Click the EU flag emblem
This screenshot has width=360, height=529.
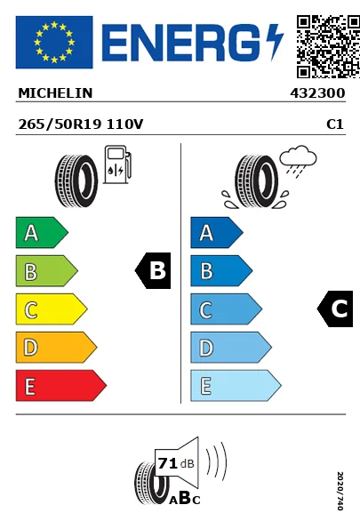pyautogui.click(x=53, y=42)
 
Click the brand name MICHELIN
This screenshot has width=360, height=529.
pyautogui.click(x=55, y=92)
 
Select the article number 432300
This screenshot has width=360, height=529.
pyautogui.click(x=317, y=92)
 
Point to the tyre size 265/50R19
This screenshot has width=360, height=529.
pyautogui.click(x=59, y=124)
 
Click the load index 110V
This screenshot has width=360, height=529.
pyautogui.click(x=124, y=124)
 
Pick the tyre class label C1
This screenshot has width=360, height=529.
pyautogui.click(x=335, y=124)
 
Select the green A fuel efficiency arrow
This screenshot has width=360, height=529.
pyautogui.click(x=40, y=234)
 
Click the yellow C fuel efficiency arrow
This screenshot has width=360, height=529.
pyautogui.click(x=50, y=309)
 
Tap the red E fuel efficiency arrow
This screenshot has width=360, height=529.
pyautogui.click(x=59, y=385)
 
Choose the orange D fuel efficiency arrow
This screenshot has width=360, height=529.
pyautogui.click(x=54, y=347)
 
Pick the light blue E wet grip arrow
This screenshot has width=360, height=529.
pyautogui.click(x=234, y=385)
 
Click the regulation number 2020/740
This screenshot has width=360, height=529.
pyautogui.click(x=340, y=492)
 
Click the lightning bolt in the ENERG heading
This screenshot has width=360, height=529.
pyautogui.click(x=273, y=42)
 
